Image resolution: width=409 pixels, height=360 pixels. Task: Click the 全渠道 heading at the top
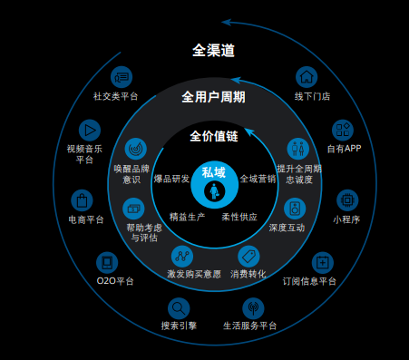(x=214, y=51)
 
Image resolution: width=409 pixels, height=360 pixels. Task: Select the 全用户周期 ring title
(x=213, y=97)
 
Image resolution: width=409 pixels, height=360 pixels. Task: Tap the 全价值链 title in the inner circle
(x=213, y=136)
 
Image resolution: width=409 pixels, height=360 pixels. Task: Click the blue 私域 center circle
(x=214, y=181)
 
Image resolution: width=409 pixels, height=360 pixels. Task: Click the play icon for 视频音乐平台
(x=89, y=130)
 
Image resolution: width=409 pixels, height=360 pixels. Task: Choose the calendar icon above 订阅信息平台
(x=320, y=262)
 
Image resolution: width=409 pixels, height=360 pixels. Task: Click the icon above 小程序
(x=346, y=199)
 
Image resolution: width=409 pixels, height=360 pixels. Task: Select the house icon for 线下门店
(x=308, y=76)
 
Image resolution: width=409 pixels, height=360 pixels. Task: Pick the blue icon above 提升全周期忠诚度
(x=297, y=148)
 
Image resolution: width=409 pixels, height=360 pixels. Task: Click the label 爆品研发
(x=171, y=179)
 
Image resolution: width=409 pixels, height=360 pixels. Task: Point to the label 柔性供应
(x=239, y=218)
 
